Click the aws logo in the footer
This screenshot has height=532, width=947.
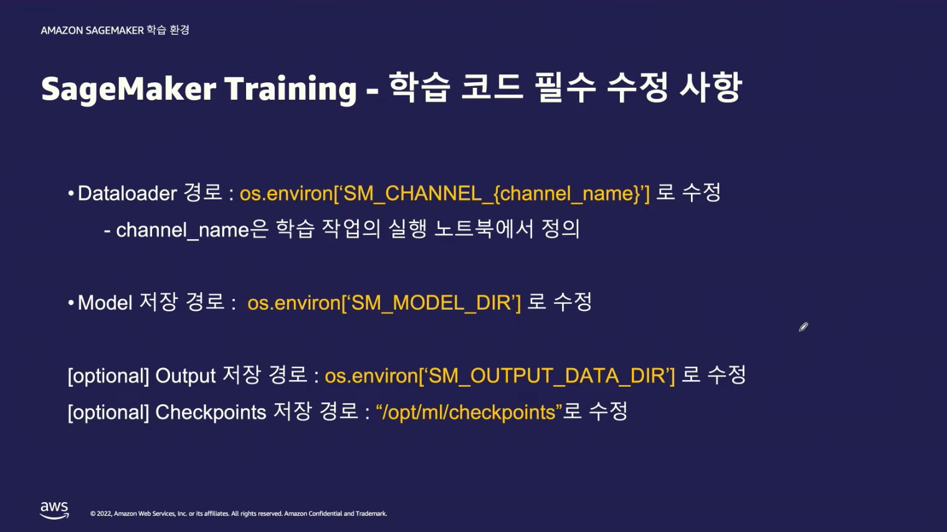tap(55, 510)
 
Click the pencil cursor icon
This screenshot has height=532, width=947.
tap(803, 327)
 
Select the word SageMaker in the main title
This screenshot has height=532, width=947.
tap(129, 89)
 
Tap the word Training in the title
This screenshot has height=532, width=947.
tap(291, 88)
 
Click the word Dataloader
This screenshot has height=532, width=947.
tap(127, 193)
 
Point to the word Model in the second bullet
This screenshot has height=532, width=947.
tap(105, 303)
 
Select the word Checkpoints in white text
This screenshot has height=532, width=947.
tap(211, 412)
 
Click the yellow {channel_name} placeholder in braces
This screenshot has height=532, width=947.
tap(566, 194)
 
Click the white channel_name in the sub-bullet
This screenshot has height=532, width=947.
tap(183, 230)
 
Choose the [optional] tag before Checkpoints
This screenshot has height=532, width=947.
tap(108, 412)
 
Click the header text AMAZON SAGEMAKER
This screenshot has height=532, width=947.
tap(92, 31)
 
